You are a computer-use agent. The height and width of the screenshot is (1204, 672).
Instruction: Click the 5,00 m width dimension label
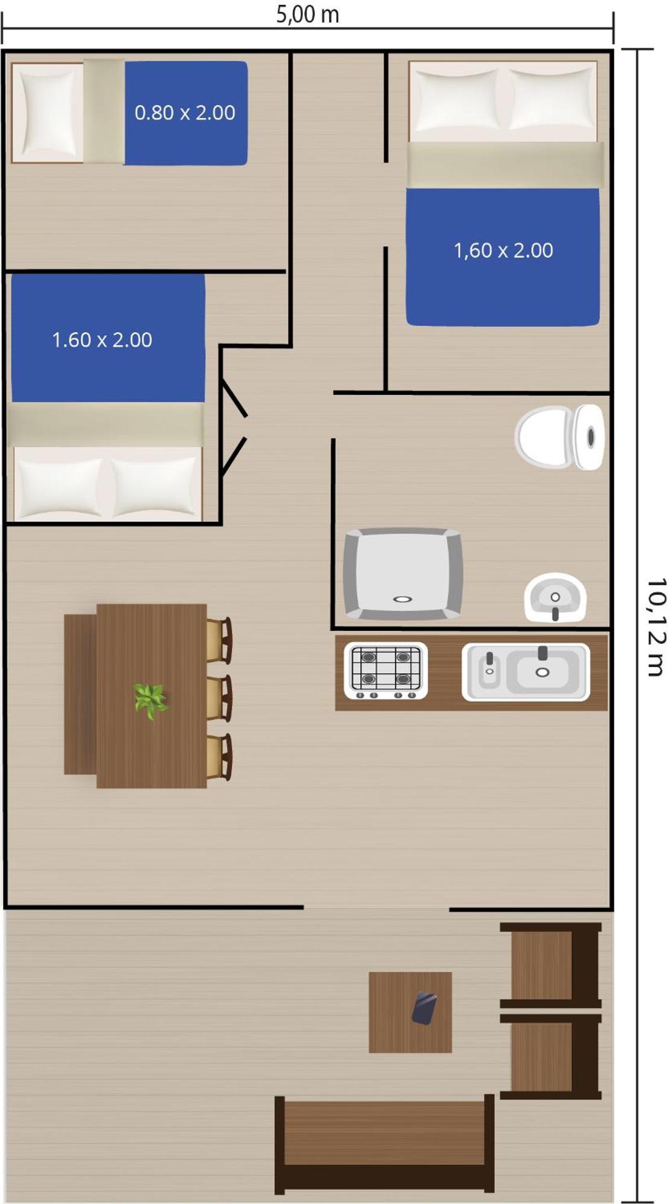click(x=308, y=14)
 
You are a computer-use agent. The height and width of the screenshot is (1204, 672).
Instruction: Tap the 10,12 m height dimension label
click(x=656, y=627)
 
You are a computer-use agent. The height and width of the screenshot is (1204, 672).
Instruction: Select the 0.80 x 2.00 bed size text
click(x=185, y=113)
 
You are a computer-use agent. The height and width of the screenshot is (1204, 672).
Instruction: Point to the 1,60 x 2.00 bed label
click(x=503, y=250)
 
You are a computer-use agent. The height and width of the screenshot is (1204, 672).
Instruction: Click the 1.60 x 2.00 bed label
click(x=102, y=340)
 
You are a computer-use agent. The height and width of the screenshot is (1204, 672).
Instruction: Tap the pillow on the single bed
click(x=47, y=112)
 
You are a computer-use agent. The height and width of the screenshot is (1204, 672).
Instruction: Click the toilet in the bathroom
click(x=559, y=437)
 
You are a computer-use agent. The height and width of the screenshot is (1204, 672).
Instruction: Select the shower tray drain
click(x=402, y=599)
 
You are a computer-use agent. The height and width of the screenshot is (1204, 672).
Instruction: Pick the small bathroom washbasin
click(x=555, y=598)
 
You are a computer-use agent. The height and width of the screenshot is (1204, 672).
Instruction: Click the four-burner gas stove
click(x=386, y=671)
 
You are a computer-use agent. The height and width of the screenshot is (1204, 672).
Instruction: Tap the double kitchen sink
click(x=526, y=672)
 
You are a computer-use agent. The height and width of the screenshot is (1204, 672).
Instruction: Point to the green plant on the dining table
click(x=150, y=701)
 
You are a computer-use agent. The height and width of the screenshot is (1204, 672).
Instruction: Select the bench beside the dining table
click(x=80, y=694)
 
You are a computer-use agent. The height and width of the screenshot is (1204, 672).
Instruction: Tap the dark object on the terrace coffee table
click(x=425, y=1008)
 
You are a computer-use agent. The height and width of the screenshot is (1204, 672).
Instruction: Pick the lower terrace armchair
click(x=550, y=1057)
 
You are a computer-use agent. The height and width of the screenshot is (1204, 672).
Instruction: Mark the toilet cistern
click(x=588, y=437)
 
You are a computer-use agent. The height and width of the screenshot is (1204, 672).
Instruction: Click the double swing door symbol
click(x=234, y=427)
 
